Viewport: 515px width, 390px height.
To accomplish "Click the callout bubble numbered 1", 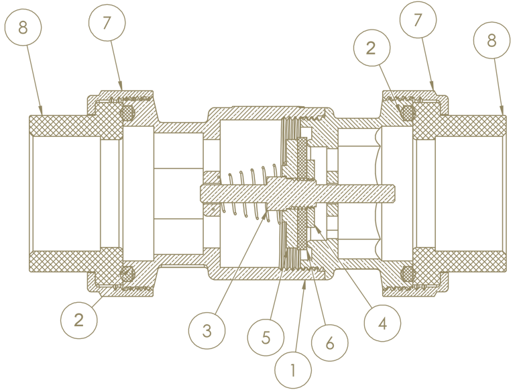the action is pyautogui.click(x=292, y=371).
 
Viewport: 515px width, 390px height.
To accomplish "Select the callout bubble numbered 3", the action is pyautogui.click(x=207, y=330).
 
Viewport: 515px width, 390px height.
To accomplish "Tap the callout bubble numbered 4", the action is pyautogui.click(x=382, y=323).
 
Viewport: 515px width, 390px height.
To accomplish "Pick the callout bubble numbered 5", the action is pyautogui.click(x=266, y=338).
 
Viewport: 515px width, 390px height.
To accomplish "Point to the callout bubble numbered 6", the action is pyautogui.click(x=329, y=342).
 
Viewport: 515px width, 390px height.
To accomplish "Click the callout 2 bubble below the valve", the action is pyautogui.click(x=79, y=320).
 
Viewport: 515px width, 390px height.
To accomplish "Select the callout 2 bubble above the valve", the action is pyautogui.click(x=371, y=48).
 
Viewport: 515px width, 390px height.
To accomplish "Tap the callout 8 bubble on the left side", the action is pyautogui.click(x=23, y=27).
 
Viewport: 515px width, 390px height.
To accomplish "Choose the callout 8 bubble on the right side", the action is pyautogui.click(x=492, y=40).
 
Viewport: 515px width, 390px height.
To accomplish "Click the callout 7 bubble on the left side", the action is pyautogui.click(x=107, y=22).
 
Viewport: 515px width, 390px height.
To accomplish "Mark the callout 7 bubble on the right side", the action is pyautogui.click(x=418, y=19).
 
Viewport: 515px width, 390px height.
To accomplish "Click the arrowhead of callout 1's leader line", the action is pyautogui.click(x=304, y=285).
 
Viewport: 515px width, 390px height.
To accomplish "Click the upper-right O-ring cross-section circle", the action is pyautogui.click(x=407, y=113).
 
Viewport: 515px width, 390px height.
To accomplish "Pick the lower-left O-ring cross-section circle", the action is pyautogui.click(x=127, y=273).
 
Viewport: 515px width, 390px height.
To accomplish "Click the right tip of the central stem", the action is pyautogui.click(x=396, y=194).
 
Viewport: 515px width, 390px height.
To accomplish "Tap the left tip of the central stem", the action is pyautogui.click(x=201, y=194).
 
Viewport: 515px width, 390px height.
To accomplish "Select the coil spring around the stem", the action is pyautogui.click(x=246, y=193).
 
